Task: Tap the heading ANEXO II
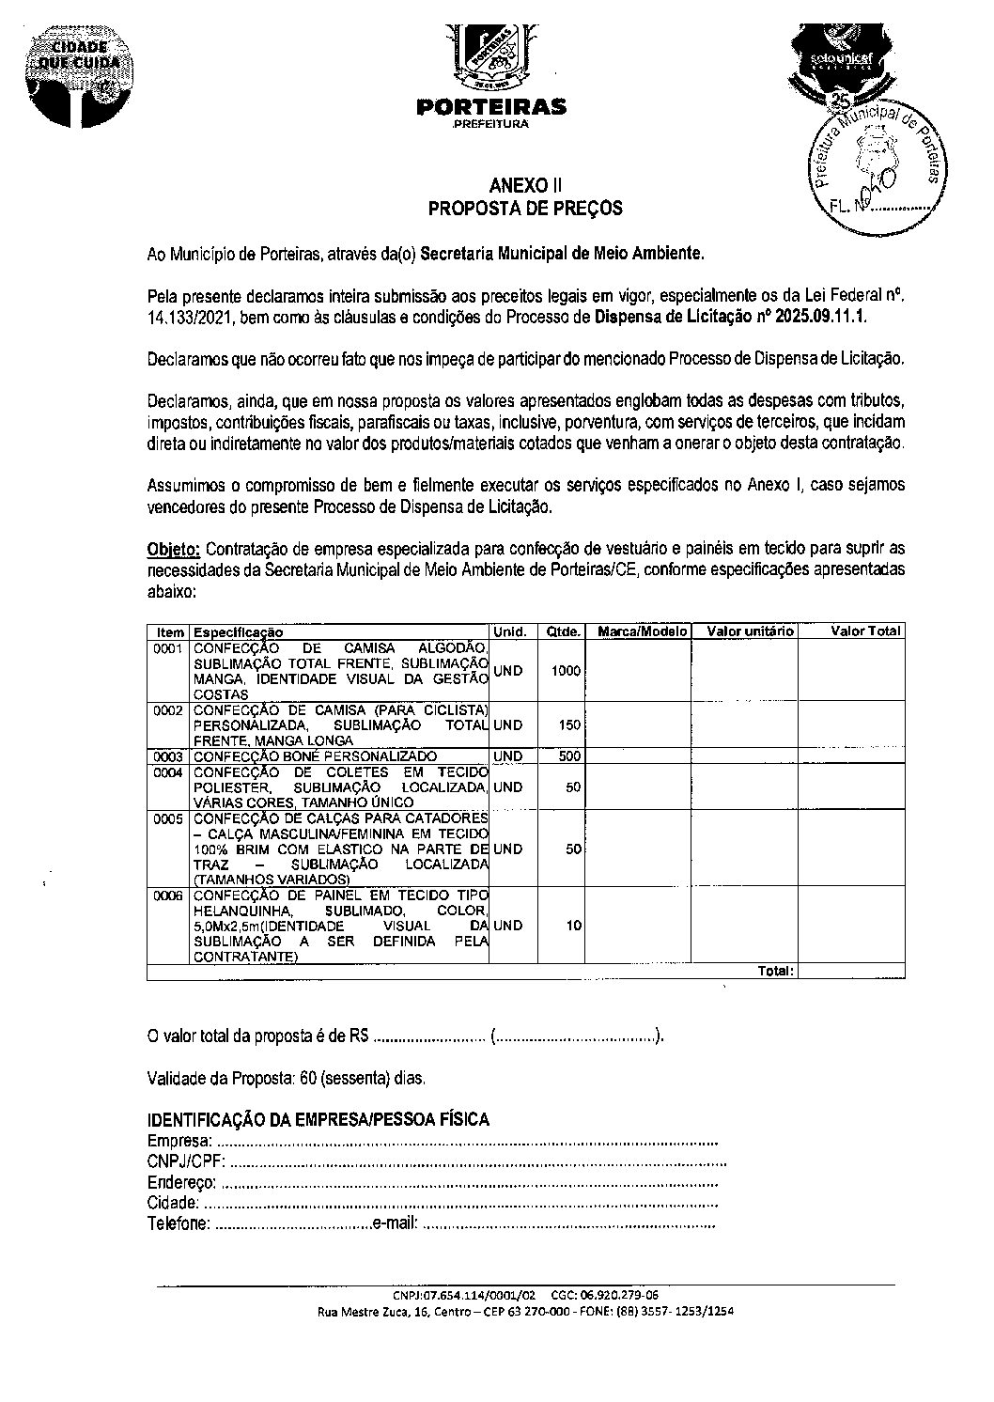point(525,185)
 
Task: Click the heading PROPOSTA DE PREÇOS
point(525,209)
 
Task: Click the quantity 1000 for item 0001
point(567,671)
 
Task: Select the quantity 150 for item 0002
point(569,725)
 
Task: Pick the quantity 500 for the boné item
point(569,756)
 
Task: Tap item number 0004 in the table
point(168,772)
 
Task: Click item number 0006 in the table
point(168,896)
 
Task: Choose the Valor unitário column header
point(750,631)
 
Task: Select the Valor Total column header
point(865,631)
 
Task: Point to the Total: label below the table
point(776,971)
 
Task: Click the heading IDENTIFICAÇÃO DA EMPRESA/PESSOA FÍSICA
point(318,1119)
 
